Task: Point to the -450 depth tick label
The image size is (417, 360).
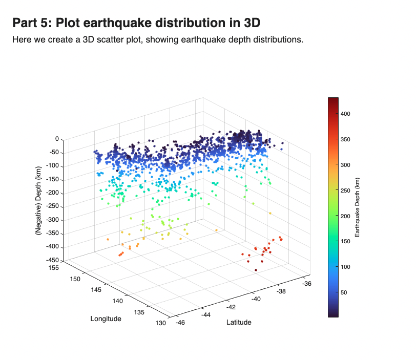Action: tap(53, 260)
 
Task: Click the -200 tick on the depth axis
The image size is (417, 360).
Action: tap(53, 193)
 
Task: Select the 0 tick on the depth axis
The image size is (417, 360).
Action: tap(57, 139)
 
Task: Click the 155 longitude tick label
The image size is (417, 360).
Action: tap(53, 268)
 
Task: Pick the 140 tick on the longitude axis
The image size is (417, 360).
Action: tap(117, 301)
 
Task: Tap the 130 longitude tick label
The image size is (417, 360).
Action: tap(161, 323)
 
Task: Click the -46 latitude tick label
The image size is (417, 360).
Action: tap(180, 323)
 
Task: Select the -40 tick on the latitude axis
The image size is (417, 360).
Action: tap(256, 299)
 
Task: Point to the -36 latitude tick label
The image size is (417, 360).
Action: tap(307, 284)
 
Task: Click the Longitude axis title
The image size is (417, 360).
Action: tap(106, 319)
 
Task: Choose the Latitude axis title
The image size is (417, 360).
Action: tap(239, 322)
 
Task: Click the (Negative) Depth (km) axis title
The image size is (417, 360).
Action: tap(38, 200)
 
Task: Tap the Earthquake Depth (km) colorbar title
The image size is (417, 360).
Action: tap(357, 207)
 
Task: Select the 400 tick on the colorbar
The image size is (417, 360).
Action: tap(345, 114)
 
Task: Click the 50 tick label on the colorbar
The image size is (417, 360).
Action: tap(344, 292)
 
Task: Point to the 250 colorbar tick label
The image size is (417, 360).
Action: tap(345, 190)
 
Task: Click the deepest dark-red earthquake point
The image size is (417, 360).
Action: tap(256, 270)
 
